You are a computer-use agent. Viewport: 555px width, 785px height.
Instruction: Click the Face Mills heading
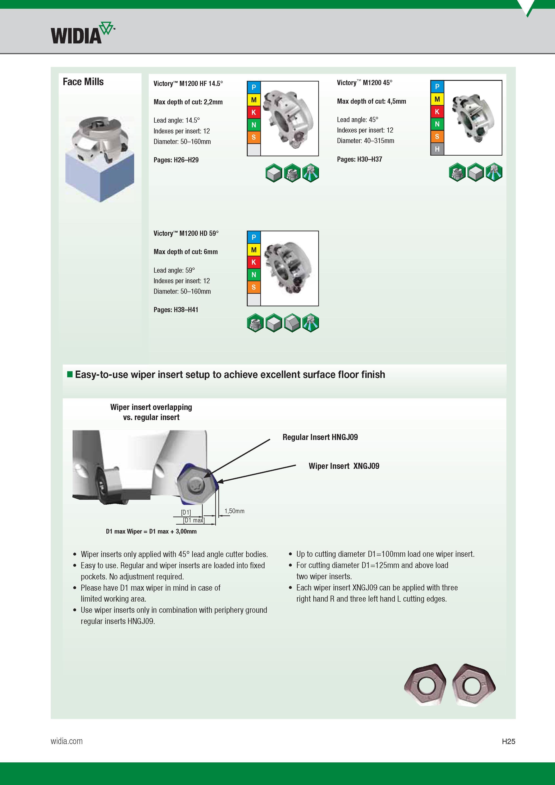(x=83, y=82)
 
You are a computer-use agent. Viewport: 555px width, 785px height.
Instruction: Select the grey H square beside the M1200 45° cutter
(x=437, y=149)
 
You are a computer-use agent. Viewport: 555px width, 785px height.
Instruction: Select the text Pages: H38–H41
(x=176, y=309)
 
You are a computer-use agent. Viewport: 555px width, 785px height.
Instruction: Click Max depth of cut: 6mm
(x=186, y=252)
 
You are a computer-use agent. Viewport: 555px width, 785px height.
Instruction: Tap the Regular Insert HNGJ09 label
(x=320, y=437)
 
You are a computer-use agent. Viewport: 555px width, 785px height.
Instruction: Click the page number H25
(x=508, y=741)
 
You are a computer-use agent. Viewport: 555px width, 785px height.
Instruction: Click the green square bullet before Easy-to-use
(x=70, y=374)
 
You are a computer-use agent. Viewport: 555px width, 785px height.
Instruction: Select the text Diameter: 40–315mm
(x=366, y=141)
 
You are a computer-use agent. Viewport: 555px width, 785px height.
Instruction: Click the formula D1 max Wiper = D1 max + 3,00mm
(x=151, y=531)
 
